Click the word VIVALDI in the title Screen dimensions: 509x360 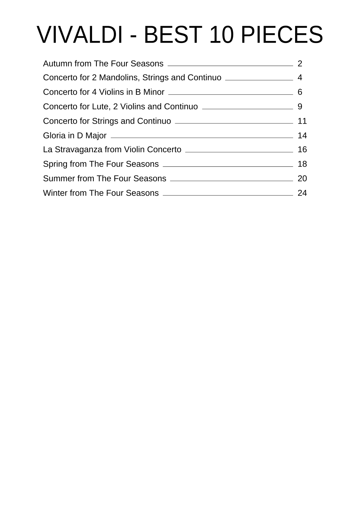80,35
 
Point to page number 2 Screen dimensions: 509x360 300,63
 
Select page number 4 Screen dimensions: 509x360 300,78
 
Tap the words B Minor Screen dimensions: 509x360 150,92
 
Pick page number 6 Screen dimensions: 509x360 300,92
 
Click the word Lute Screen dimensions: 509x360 100,107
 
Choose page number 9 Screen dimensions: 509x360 300,107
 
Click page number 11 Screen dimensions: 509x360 302,121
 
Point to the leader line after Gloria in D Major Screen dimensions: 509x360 202,137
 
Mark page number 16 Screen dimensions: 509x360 302,150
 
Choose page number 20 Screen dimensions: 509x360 302,178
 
